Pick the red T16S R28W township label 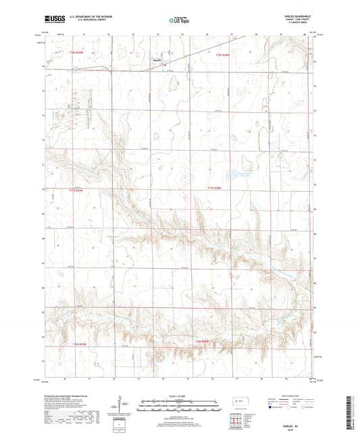pos(224,55)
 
